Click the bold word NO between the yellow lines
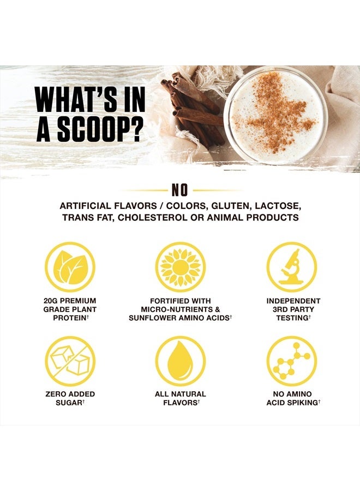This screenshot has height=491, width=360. [x=179, y=190]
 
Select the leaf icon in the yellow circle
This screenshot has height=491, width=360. [x=70, y=267]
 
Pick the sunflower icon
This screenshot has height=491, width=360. [x=180, y=267]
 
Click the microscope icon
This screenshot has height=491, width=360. [x=292, y=267]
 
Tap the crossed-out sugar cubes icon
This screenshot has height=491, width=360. [x=70, y=361]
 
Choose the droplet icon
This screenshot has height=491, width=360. [x=180, y=361]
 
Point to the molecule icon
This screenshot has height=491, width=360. [x=292, y=361]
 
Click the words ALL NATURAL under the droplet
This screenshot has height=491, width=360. [x=180, y=394]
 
